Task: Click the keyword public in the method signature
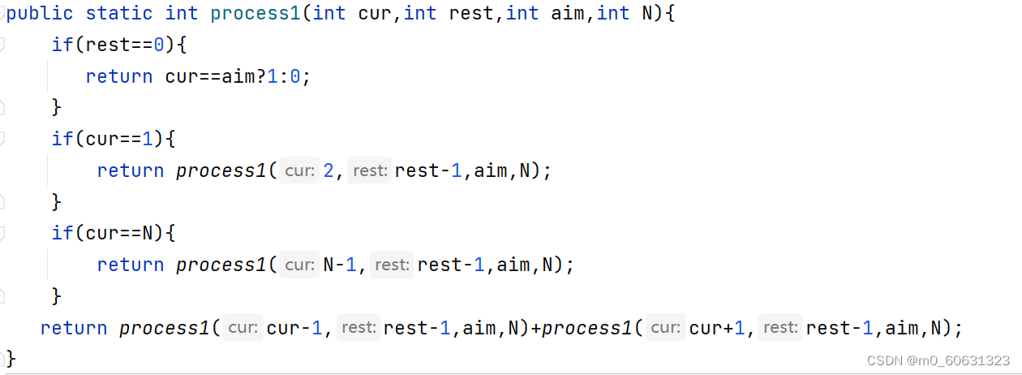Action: coord(40,14)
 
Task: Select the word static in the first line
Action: coord(119,13)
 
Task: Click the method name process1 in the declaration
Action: coord(255,14)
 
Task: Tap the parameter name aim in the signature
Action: coord(568,13)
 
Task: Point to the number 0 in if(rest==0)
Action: coord(159,45)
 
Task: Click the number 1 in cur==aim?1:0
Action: coord(273,76)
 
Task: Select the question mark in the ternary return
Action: coord(261,76)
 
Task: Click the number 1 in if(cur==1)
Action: coord(148,139)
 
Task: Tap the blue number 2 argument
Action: coord(328,170)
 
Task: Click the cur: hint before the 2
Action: coord(300,170)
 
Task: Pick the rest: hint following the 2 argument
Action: coord(370,170)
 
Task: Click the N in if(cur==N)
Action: coord(148,233)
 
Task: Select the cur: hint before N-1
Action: coord(300,265)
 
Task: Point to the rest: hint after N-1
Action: coord(392,265)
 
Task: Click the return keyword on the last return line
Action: coord(74,328)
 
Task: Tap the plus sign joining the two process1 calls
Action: coord(536,328)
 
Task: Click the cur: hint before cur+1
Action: coord(666,327)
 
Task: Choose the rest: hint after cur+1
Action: coord(780,327)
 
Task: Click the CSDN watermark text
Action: coord(938,361)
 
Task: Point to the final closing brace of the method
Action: coord(11,359)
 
